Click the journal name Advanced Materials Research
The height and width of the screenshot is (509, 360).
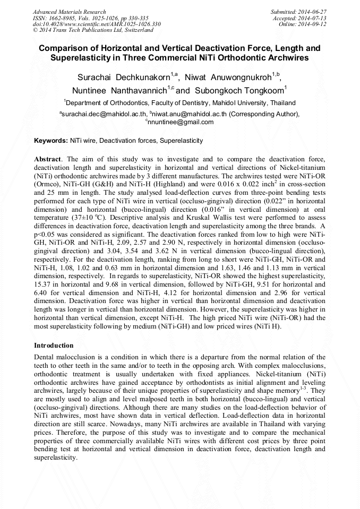point(69,12)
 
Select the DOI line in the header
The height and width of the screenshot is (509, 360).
point(97,24)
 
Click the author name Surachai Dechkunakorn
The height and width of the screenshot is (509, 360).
point(123,77)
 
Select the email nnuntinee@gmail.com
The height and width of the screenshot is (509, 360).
point(181,122)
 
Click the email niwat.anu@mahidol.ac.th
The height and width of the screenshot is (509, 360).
point(186,114)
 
